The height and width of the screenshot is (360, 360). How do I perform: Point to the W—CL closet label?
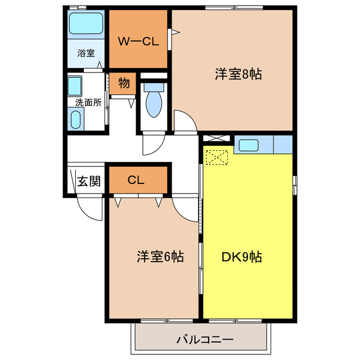[137, 40]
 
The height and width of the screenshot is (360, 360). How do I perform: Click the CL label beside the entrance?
[136, 180]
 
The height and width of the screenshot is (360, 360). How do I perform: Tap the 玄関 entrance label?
[89, 181]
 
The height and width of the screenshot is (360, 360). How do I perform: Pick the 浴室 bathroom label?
[85, 53]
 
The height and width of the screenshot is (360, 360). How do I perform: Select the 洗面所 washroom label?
[88, 103]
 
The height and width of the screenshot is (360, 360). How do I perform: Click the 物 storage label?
[124, 83]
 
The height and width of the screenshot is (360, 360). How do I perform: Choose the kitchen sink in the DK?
[247, 145]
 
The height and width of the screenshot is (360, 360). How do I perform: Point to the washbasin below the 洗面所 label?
[75, 119]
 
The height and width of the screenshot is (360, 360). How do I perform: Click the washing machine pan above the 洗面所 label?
[75, 86]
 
